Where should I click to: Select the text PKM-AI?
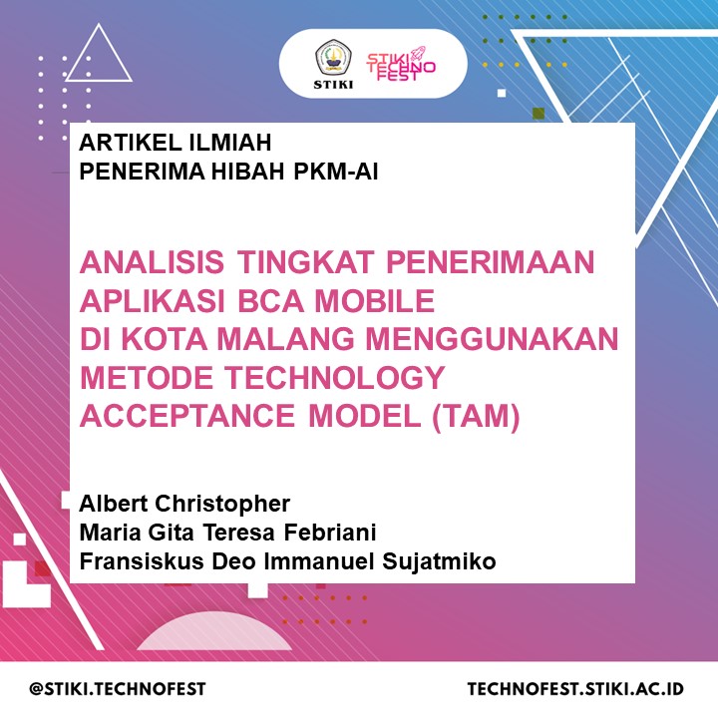click(336, 172)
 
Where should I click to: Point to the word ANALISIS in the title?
click(152, 262)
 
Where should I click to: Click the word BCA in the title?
click(270, 301)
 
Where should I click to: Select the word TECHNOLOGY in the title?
click(334, 377)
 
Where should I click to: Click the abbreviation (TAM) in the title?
click(476, 416)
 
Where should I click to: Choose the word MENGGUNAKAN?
click(492, 339)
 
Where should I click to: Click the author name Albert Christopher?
click(184, 504)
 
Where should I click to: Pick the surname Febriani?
click(330, 533)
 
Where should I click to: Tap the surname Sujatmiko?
click(439, 561)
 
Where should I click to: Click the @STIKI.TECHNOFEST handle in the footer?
click(118, 689)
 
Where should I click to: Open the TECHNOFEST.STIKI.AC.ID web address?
click(575, 689)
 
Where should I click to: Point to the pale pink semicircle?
click(214, 635)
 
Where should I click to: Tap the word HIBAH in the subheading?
click(248, 172)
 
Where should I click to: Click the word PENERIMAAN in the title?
click(490, 262)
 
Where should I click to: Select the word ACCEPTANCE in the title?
click(187, 416)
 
